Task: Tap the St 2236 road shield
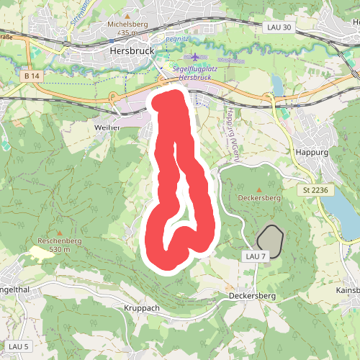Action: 316,189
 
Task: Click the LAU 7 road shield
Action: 255,256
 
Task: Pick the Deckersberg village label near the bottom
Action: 253,295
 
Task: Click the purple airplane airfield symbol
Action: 195,56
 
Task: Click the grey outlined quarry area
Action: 270,238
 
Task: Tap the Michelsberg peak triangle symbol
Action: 127,14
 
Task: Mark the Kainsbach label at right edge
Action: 348,290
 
